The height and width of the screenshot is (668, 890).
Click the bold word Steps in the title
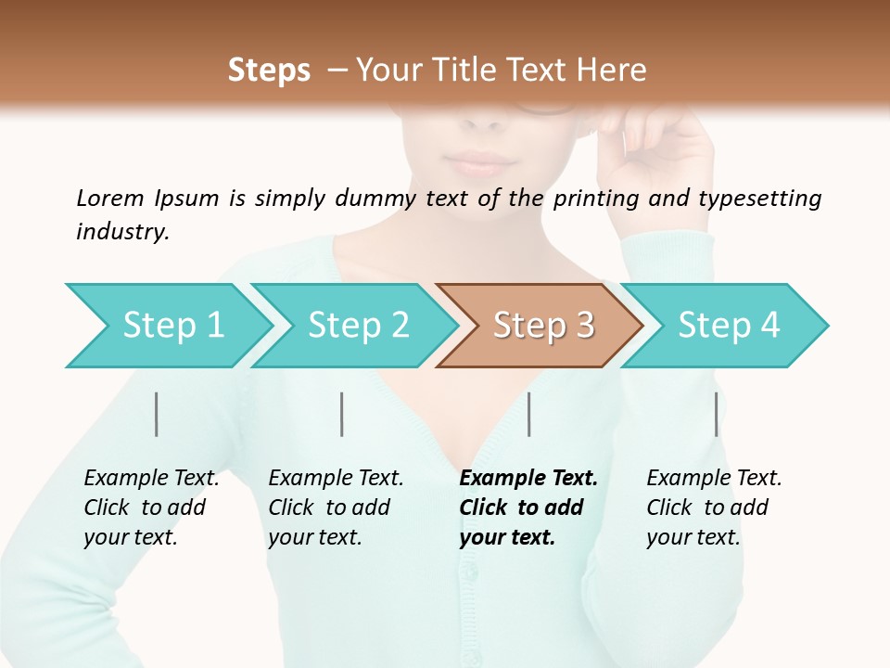tap(269, 71)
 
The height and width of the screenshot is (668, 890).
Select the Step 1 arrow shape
tap(167, 326)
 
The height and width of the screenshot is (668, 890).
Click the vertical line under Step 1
tap(157, 414)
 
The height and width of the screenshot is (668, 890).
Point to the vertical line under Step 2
tap(342, 414)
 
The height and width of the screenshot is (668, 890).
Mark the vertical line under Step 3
tap(529, 414)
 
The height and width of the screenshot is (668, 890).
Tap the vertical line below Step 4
tap(717, 414)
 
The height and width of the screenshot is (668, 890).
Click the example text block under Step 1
tap(151, 507)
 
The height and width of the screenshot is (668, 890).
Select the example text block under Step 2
tap(336, 507)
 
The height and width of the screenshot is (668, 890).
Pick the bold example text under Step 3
tap(528, 507)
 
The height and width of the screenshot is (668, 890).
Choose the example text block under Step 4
tap(714, 507)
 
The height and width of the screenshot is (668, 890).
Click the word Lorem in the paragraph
tap(109, 198)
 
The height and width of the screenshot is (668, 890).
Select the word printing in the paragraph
tap(605, 199)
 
